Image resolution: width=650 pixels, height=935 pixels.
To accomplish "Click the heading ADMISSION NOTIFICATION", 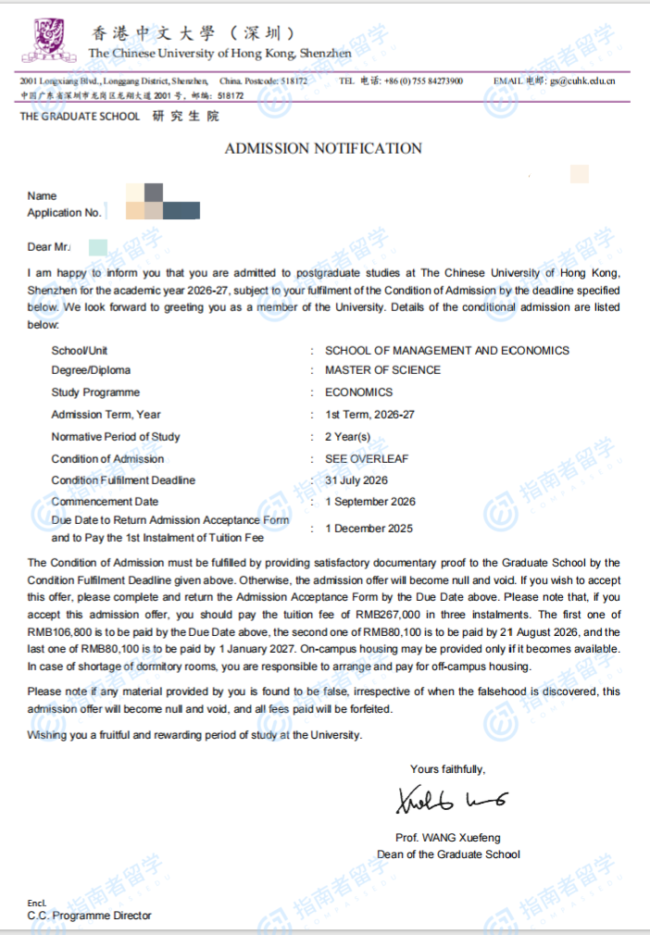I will [x=323, y=148].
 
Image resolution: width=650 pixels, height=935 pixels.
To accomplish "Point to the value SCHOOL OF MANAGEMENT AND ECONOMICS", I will [x=446, y=351].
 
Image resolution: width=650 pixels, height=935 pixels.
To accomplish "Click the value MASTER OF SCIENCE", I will [x=382, y=370].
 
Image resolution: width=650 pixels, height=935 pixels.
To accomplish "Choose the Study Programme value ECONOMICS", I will [x=358, y=393].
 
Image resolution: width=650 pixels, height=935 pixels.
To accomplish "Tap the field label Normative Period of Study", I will [x=116, y=437].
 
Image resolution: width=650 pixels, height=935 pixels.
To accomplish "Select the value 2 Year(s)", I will [x=348, y=437].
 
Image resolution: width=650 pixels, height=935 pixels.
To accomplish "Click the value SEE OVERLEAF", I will [x=367, y=459].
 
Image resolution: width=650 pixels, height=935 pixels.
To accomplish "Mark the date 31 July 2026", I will [x=356, y=480].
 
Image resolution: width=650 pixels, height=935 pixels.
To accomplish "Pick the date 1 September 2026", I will [x=370, y=502].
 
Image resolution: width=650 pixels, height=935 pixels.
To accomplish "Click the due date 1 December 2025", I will [x=369, y=529].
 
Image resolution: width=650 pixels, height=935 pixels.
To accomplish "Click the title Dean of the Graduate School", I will [x=448, y=854].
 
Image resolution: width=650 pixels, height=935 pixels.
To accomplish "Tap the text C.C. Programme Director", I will [x=89, y=916].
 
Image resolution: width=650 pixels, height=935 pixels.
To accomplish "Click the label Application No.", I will [x=65, y=213].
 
